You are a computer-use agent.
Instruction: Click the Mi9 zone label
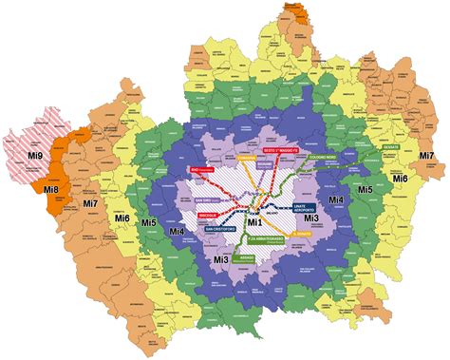pos(35,154)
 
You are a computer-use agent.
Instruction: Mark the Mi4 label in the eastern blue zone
pos(335,201)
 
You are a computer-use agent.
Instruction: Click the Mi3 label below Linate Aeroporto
pos(309,218)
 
